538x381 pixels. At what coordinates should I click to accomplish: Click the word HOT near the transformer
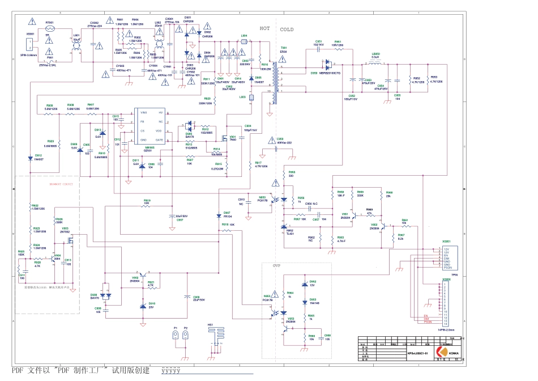coord(265,28)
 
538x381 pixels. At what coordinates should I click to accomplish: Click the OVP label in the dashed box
coord(276,265)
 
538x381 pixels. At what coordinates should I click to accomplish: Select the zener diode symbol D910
coord(142,307)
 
